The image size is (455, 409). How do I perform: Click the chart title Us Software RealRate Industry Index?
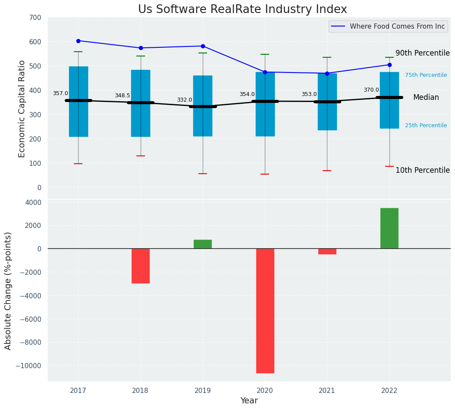pos(242,10)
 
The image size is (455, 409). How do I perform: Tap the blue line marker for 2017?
pos(78,41)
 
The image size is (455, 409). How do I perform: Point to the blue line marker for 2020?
pos(265,72)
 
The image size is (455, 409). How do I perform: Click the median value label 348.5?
pos(122,96)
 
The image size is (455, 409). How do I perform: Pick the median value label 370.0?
pos(371,90)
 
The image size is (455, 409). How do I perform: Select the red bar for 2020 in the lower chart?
pos(265,310)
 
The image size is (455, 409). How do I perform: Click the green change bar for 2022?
pos(389,228)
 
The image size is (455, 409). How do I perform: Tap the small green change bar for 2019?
pos(203,244)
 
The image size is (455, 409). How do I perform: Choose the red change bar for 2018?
pos(141,266)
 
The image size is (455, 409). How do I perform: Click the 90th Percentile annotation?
pos(422,53)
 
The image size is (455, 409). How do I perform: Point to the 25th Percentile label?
pos(425,125)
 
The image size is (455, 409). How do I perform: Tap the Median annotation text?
pos(426,98)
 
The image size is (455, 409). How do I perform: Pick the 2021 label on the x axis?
pos(327,391)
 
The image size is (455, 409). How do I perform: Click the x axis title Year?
pos(249,401)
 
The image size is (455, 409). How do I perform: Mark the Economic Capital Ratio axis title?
pos(22,109)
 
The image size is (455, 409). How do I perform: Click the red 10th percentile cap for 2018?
pos(141,156)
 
